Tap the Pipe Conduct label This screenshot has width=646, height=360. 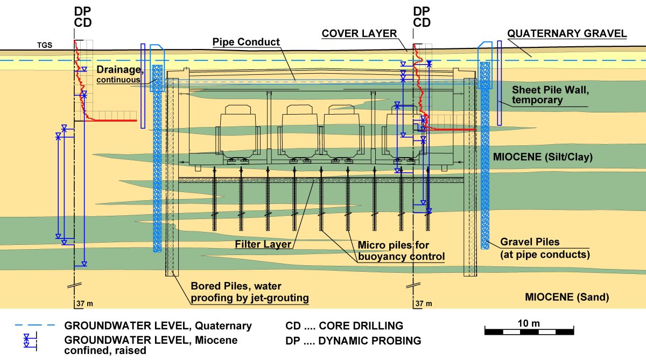click(x=246, y=41)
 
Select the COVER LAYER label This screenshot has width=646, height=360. click(x=359, y=33)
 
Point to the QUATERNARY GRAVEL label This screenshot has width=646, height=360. click(x=567, y=33)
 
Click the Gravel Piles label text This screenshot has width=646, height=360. click(x=545, y=248)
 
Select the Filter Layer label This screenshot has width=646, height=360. click(x=263, y=244)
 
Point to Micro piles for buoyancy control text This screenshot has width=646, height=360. click(x=401, y=251)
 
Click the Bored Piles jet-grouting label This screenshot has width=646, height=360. click(x=250, y=291)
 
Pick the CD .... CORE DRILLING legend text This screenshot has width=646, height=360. click(x=344, y=326)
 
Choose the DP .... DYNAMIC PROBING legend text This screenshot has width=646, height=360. click(x=353, y=340)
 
